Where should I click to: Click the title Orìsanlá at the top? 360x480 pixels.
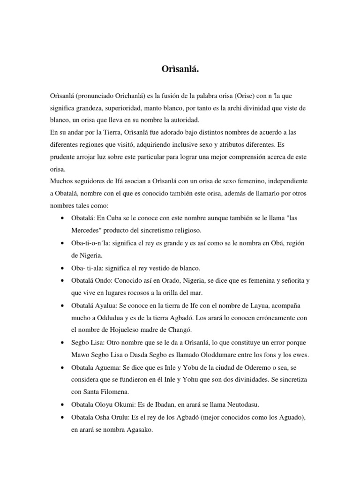click(x=180, y=70)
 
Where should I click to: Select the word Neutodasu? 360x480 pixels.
click(x=231, y=404)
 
